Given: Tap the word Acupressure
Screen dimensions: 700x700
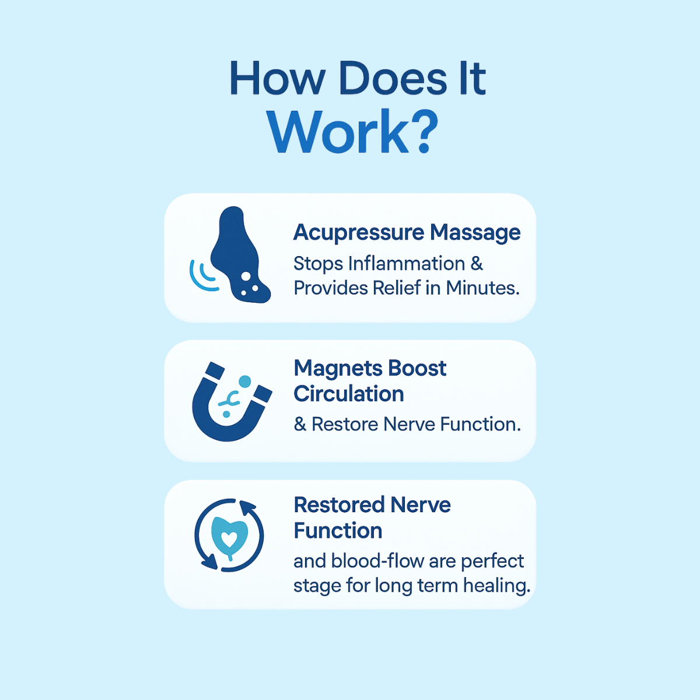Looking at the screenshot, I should tap(358, 232).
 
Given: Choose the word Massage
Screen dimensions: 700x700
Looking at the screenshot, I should tap(475, 232).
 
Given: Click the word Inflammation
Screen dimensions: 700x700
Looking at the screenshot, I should tap(406, 264).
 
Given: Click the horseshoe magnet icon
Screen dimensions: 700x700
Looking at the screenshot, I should tap(229, 408).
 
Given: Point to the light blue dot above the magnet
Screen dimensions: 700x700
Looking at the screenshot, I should tap(245, 381).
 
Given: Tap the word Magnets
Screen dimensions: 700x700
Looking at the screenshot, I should tap(333, 369).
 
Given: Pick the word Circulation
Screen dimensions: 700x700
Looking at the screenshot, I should tap(349, 394).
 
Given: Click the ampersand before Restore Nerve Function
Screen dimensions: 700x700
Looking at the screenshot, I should tap(300, 425).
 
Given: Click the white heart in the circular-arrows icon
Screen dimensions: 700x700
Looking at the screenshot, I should tap(229, 535).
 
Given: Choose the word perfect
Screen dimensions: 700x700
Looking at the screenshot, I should tap(492, 561).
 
